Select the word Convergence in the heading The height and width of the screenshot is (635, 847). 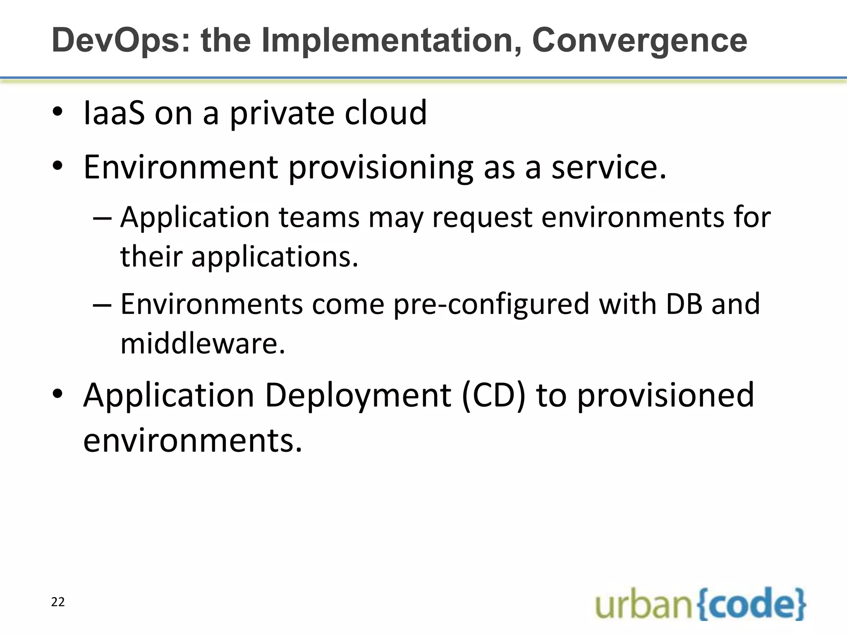coord(639,41)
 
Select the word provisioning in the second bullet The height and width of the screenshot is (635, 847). coord(380,167)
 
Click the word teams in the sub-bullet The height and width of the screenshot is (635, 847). coord(319,217)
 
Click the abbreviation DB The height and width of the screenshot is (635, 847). coord(684,304)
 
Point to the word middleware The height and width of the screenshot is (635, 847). coord(203,344)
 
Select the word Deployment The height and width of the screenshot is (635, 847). coord(358,396)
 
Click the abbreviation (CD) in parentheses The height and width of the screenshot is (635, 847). coord(493,396)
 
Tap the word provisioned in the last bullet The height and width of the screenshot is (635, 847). coord(665,396)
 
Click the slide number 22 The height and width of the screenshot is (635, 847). coord(58,602)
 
